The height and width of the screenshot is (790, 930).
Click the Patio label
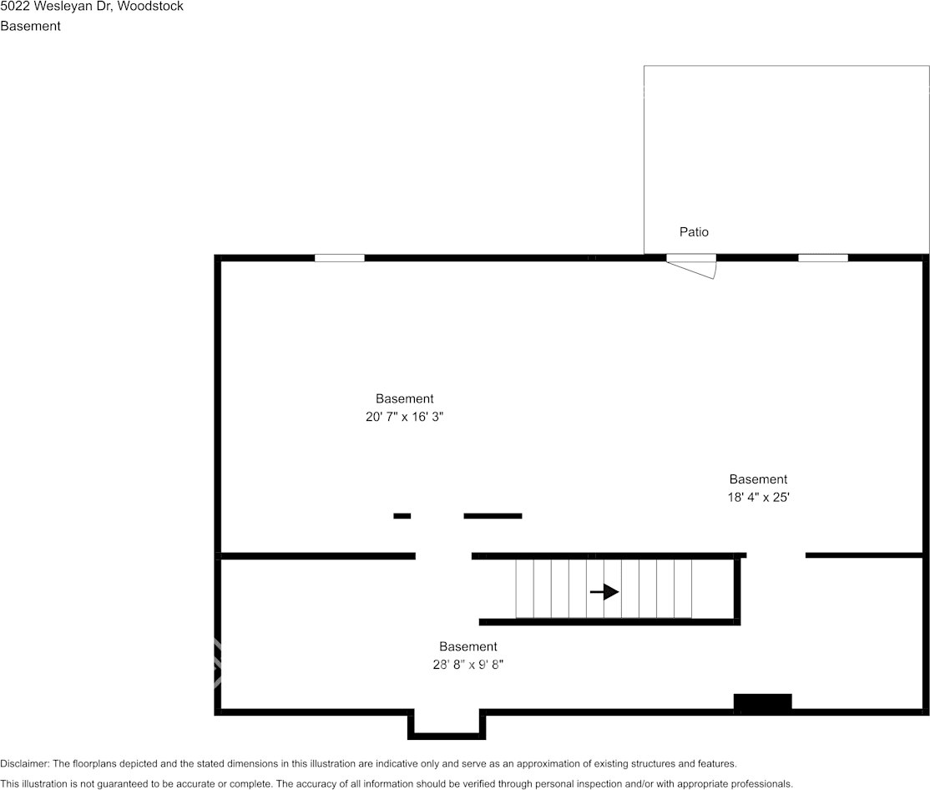point(694,232)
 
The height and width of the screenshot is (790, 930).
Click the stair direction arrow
point(604,592)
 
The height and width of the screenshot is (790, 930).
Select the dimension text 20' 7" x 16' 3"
point(404,418)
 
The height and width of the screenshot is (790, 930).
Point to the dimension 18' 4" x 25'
point(758,498)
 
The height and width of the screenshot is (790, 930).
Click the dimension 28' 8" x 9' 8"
point(468,665)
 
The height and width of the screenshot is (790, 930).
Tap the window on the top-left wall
point(339,258)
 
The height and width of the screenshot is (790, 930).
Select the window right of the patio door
point(822,258)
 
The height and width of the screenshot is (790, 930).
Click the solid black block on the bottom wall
point(762,703)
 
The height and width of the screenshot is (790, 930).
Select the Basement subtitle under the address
point(30,26)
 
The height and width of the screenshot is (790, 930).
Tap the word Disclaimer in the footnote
point(24,763)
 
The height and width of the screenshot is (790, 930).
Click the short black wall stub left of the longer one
point(402,516)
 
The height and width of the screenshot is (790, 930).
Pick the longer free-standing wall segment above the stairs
point(493,516)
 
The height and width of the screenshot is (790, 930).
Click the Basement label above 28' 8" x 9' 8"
point(468,646)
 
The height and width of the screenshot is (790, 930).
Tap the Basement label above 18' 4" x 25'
point(758,479)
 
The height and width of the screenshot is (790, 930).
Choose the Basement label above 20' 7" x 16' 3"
point(404,399)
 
